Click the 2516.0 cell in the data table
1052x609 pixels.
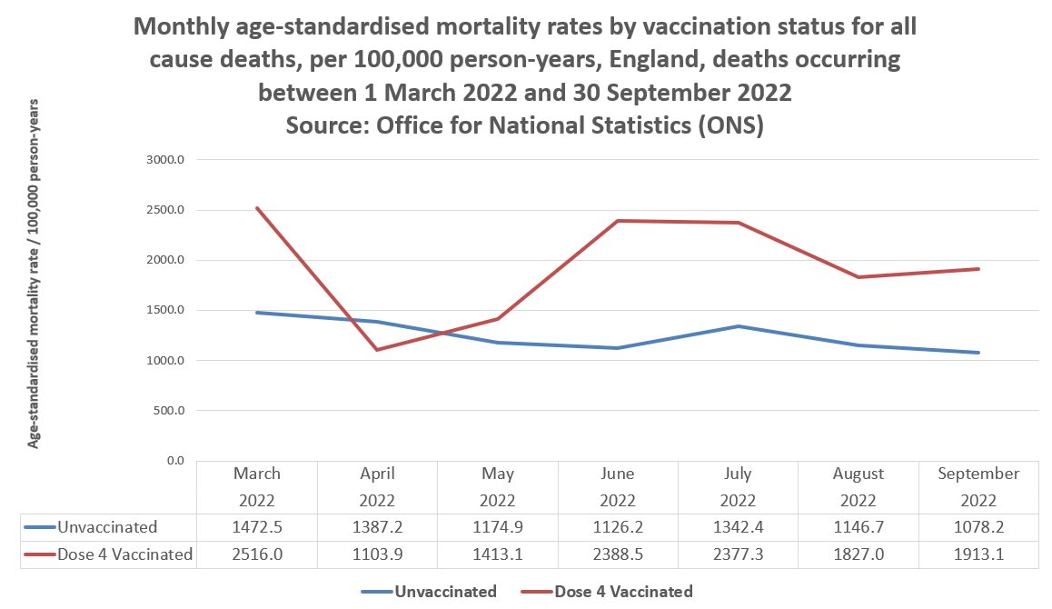click(x=257, y=554)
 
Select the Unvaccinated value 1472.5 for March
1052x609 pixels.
click(x=257, y=527)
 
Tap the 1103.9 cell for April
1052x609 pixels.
click(x=377, y=554)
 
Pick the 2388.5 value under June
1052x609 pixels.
click(x=618, y=554)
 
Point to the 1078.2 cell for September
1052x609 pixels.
click(x=978, y=527)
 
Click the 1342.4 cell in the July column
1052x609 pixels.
click(x=738, y=527)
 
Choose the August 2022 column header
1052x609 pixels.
click(x=858, y=486)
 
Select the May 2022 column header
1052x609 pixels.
click(x=498, y=486)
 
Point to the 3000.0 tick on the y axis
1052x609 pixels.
click(x=166, y=160)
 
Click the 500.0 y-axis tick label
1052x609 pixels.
click(x=168, y=411)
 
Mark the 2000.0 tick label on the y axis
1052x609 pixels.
click(x=166, y=261)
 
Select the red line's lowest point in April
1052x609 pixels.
click(x=377, y=350)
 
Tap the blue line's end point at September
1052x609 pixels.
click(x=978, y=353)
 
